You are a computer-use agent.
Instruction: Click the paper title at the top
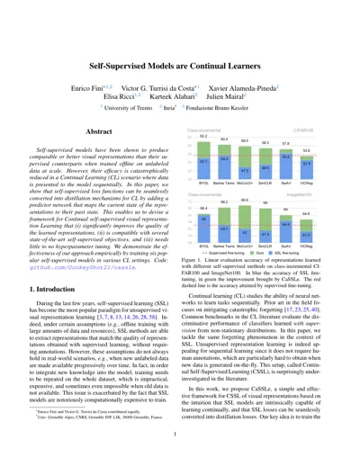(x=179, y=43)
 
